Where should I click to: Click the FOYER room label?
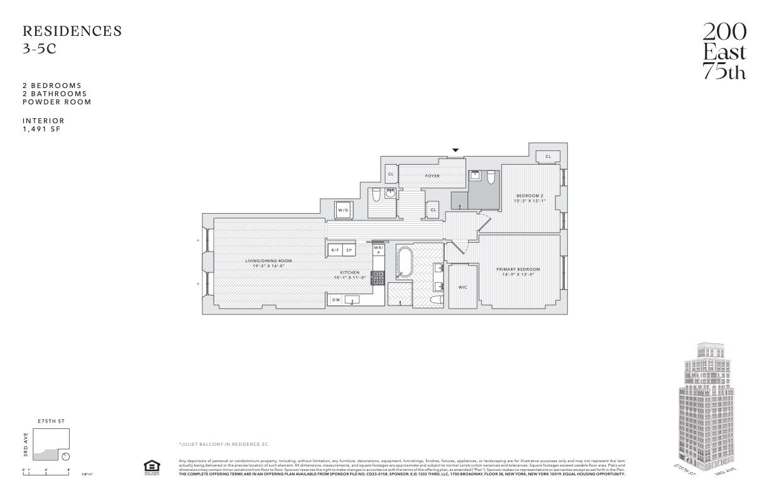(432, 176)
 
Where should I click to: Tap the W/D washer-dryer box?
(343, 210)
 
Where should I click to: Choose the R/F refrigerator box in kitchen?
(335, 250)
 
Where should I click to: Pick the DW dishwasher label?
(336, 300)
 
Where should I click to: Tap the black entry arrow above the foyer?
(455, 150)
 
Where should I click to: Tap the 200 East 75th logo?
(724, 51)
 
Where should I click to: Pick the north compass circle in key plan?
(66, 456)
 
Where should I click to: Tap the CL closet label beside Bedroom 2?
(548, 156)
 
